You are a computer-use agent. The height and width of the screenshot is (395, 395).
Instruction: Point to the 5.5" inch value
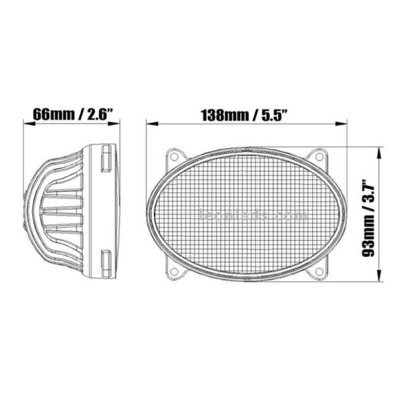pos(277,113)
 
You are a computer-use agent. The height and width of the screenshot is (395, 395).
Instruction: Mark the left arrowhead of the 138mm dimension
pos(149,122)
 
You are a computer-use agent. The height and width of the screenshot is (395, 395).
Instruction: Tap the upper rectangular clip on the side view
pos(106,160)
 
